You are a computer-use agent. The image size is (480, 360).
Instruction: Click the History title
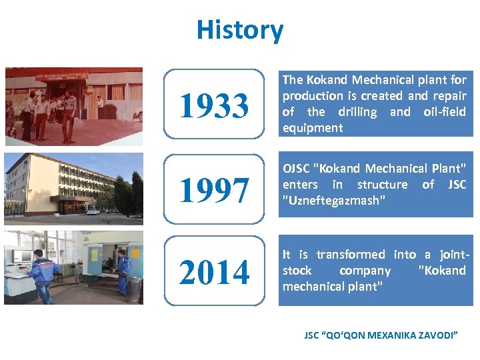239,30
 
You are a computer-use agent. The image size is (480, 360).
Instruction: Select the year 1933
213,105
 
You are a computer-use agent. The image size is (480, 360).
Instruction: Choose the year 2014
213,272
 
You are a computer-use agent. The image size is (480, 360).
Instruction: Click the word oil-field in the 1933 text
445,112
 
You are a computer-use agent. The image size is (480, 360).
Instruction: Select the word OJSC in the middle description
296,168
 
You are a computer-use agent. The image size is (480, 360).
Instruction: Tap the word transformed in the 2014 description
351,255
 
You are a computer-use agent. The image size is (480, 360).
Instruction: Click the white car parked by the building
93,211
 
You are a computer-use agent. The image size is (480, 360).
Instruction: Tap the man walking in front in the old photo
67,115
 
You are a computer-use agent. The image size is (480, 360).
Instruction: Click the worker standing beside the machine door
123,271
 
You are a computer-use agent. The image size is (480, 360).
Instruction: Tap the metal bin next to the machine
135,289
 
